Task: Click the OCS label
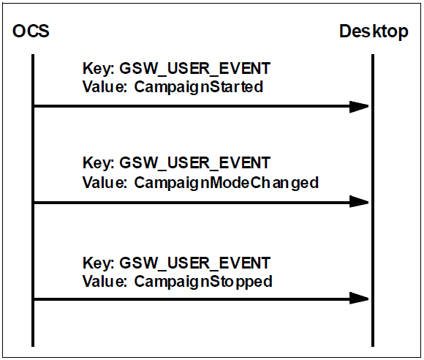31,31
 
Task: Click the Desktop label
374,31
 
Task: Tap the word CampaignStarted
199,87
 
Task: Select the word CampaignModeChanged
227,183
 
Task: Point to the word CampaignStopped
203,282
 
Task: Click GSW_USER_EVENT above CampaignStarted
194,69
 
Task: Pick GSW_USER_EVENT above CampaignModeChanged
194,163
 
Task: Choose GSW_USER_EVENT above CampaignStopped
194,263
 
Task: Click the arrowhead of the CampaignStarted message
359,106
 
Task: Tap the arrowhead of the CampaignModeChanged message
359,202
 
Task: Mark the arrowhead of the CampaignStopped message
359,299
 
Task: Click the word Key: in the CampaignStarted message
99,69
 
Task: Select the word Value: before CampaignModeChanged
105,182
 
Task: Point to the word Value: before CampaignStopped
105,281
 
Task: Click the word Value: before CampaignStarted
105,87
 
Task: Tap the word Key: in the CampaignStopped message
99,263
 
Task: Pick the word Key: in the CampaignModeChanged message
99,163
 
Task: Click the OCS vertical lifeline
33,200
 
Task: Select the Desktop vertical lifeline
373,200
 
